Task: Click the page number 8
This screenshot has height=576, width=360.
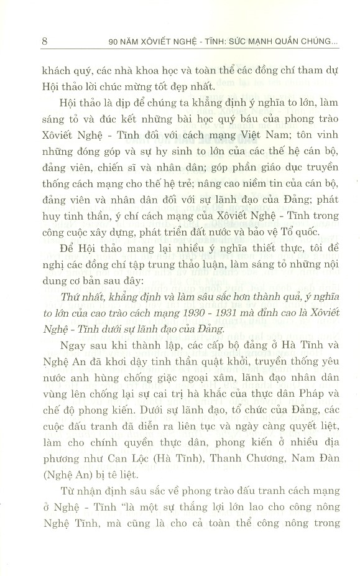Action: (42, 43)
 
